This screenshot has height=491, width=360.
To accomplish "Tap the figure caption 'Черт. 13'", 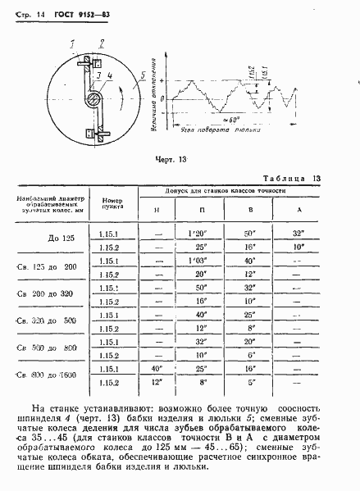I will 171,159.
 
